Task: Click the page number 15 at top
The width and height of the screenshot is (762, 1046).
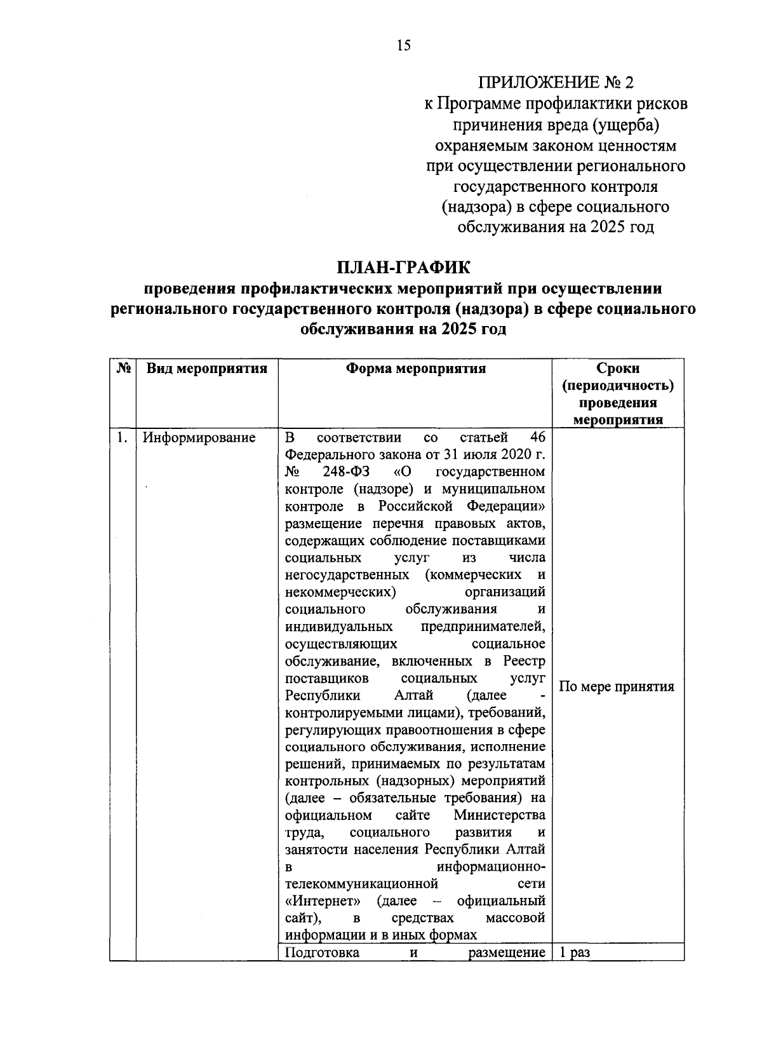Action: pyautogui.click(x=403, y=44)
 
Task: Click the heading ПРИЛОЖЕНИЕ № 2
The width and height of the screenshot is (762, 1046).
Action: pyautogui.click(x=556, y=82)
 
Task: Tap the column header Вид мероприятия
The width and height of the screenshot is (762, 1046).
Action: pyautogui.click(x=207, y=369)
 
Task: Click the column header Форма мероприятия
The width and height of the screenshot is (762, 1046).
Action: pyautogui.click(x=416, y=369)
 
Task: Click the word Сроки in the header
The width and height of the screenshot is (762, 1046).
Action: pyautogui.click(x=618, y=369)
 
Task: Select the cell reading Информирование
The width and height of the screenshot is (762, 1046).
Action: pyautogui.click(x=199, y=438)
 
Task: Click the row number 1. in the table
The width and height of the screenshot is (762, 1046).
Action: pyautogui.click(x=122, y=438)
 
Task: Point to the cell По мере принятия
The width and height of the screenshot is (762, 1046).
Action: pyautogui.click(x=617, y=686)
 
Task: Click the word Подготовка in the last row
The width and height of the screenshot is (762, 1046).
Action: pyautogui.click(x=322, y=953)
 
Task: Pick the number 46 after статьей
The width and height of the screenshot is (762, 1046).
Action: pyautogui.click(x=537, y=438)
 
